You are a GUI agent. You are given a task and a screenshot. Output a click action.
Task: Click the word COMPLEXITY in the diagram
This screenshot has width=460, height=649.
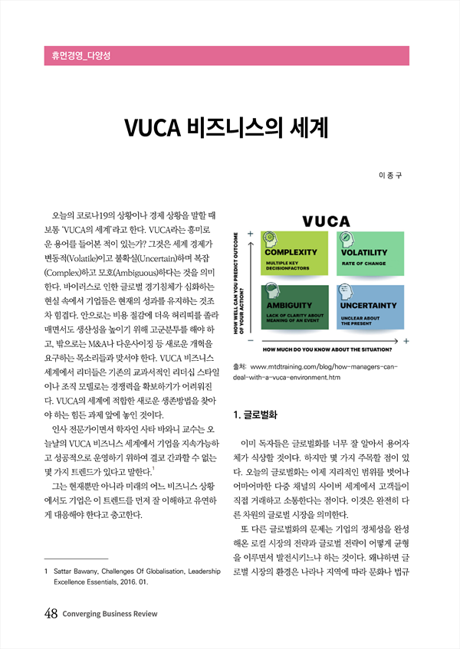pyautogui.click(x=291, y=252)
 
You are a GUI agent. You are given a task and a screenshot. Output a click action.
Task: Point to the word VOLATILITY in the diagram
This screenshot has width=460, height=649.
pyautogui.click(x=364, y=252)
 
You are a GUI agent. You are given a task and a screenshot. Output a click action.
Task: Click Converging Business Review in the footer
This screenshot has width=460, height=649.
pyautogui.click(x=111, y=614)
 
